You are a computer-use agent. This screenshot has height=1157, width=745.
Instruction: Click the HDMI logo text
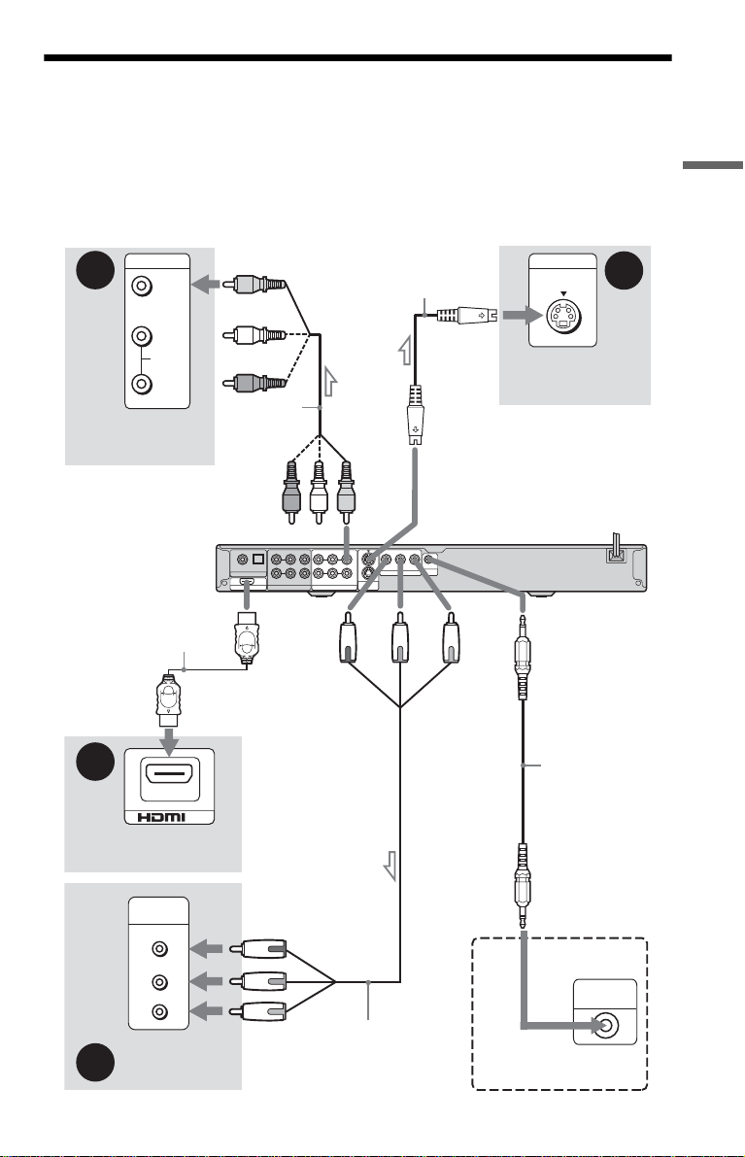(169, 816)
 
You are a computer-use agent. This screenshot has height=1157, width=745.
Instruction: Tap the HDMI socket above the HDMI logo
(170, 775)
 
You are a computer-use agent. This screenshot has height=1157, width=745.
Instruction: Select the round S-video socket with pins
(562, 317)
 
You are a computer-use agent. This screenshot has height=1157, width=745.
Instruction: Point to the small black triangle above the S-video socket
(563, 293)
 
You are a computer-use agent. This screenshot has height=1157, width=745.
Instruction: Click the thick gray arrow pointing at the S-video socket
(523, 316)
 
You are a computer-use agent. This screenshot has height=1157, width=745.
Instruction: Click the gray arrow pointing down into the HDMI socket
(170, 741)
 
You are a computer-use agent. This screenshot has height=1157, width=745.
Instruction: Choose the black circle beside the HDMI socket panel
(95, 762)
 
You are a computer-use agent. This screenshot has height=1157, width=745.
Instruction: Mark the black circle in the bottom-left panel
(95, 1063)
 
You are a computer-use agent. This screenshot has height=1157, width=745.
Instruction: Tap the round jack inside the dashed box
(606, 1025)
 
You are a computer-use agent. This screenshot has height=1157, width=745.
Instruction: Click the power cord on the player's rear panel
(616, 548)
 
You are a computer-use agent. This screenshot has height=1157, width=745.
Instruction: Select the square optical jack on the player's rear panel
(257, 560)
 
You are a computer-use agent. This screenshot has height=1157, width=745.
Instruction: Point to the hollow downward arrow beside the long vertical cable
(389, 867)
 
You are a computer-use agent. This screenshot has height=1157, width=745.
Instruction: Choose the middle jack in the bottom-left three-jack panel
(159, 982)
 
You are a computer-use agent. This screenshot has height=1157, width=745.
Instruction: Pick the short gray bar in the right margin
(713, 164)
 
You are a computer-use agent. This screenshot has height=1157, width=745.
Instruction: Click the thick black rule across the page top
(357, 57)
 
